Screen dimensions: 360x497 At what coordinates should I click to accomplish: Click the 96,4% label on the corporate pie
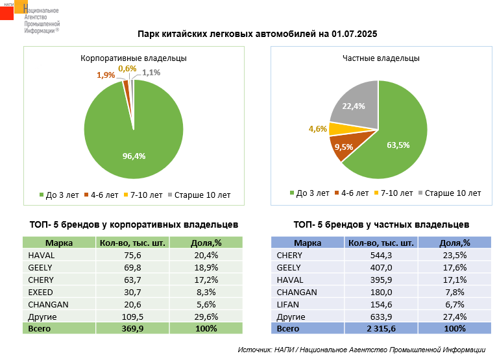click(134, 156)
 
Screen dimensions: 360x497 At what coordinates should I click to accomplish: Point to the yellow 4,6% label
click(318, 129)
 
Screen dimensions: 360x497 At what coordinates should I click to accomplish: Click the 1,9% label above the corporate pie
click(106, 75)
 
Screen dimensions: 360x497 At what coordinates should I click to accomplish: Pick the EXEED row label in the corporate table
click(40, 292)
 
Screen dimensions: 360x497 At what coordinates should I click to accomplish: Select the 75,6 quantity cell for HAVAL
click(132, 255)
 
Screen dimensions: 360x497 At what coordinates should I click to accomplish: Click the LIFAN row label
click(288, 304)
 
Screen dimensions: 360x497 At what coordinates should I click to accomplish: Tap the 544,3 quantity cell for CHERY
click(380, 255)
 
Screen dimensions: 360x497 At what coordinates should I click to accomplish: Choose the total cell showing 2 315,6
click(380, 329)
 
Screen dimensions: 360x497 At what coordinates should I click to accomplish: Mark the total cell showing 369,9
click(132, 329)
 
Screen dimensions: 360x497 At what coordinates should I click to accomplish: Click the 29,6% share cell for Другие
click(206, 317)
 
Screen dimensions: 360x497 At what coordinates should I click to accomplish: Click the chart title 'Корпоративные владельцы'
click(134, 58)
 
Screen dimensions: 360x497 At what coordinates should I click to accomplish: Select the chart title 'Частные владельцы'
click(381, 58)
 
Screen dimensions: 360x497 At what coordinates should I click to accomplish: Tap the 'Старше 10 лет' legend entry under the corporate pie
click(200, 194)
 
